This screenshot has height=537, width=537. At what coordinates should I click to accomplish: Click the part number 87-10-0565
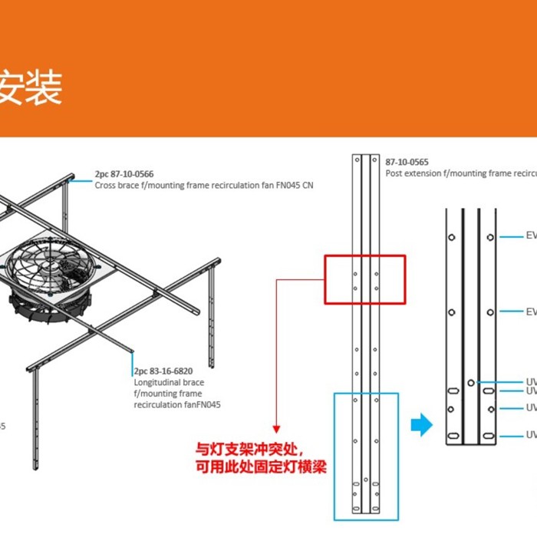coord(407,162)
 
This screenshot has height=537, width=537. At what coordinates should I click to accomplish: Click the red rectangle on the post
coord(364,278)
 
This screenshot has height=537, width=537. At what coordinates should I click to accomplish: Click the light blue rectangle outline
coord(366,456)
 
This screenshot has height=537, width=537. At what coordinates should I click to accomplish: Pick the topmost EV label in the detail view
coord(531,236)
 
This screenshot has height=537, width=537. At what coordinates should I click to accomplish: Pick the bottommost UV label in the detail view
coord(531,436)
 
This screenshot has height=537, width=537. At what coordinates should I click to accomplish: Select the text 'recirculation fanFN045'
coord(177,404)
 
